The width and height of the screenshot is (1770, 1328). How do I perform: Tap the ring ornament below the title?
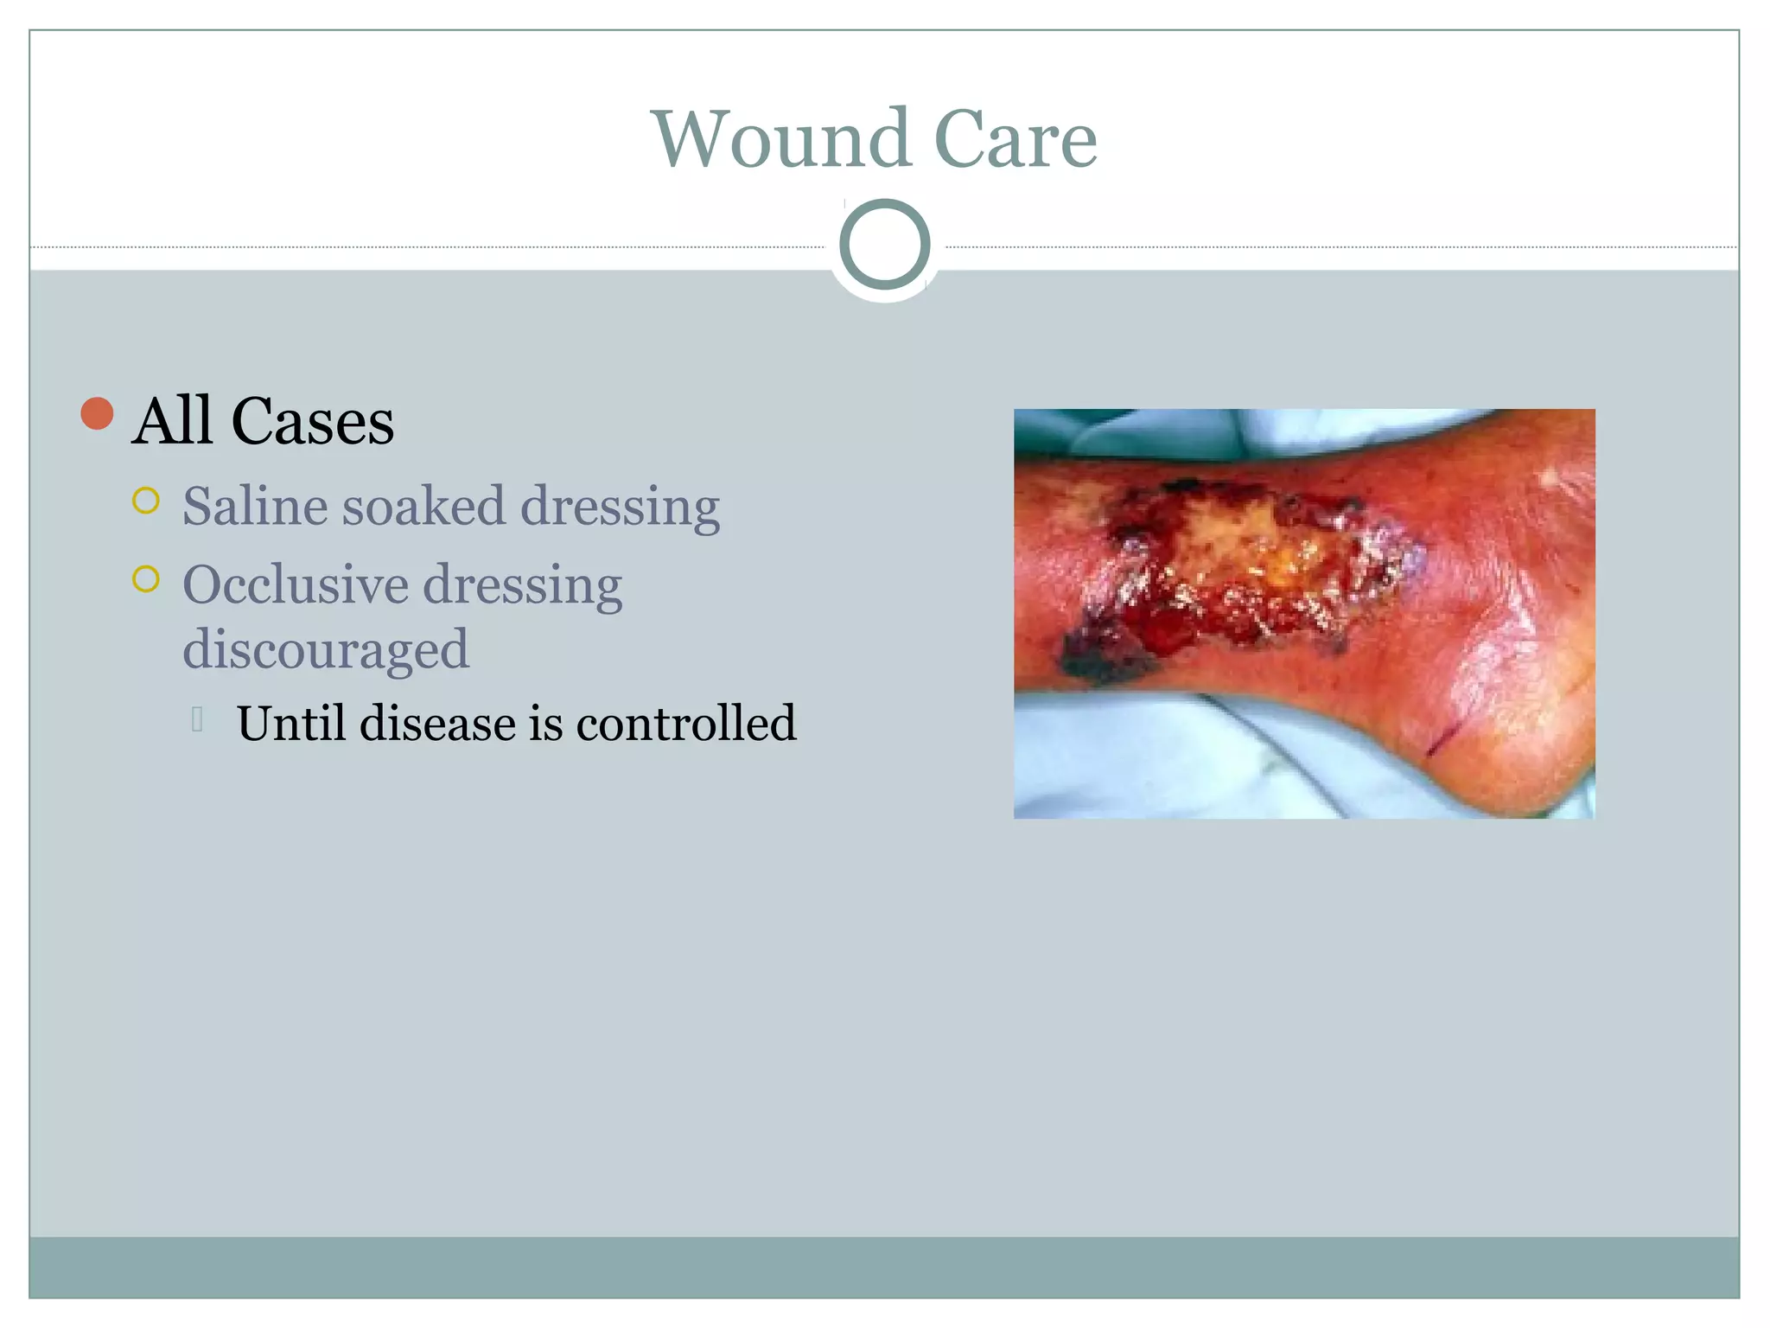[884, 245]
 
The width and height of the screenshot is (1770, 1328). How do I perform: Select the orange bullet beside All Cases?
[98, 413]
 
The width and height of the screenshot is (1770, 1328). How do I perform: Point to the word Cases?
[313, 422]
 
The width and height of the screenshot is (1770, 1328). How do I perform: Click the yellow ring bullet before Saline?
[146, 501]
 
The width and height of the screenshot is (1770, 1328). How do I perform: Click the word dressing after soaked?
[620, 508]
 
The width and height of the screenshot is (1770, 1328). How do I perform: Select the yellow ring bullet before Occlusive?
[146, 578]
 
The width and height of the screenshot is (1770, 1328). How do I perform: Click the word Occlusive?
[295, 584]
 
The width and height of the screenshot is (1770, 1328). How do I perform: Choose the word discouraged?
[326, 649]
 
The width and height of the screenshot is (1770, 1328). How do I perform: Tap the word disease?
[437, 723]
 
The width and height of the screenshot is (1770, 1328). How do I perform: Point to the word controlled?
[685, 723]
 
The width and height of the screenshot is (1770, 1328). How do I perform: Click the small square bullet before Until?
[197, 718]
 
